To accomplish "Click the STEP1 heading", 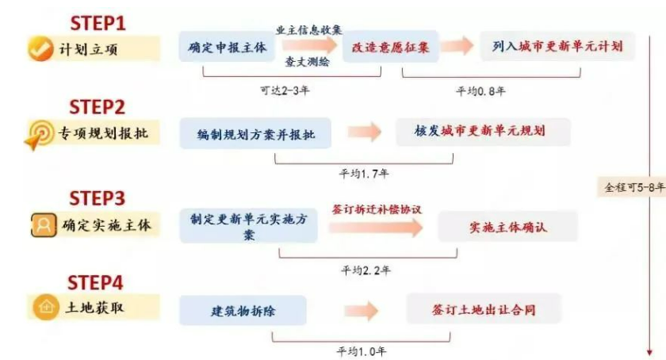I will click(x=98, y=21).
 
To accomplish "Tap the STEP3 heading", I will click(x=98, y=197).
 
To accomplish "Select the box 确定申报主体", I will click(x=227, y=48).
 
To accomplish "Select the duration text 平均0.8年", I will click(x=480, y=90).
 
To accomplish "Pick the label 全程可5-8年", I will click(x=634, y=188).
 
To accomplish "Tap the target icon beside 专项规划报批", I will click(x=38, y=134).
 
